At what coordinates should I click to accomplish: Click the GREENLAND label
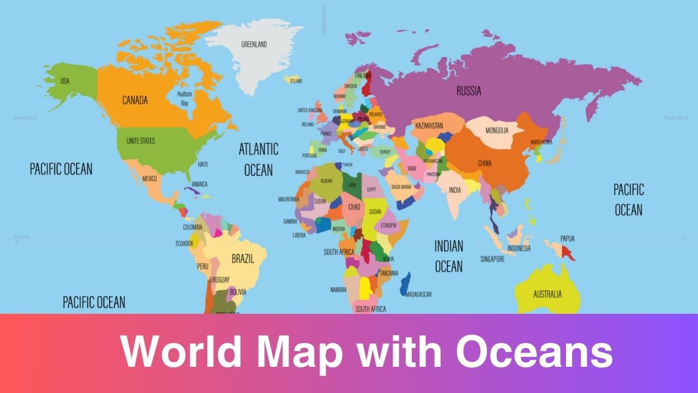(x=254, y=44)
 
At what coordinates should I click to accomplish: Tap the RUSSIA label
(x=468, y=91)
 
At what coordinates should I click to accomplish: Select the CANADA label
(x=135, y=100)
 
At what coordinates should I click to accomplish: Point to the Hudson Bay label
(x=184, y=98)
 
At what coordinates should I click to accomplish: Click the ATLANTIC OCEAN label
(x=258, y=159)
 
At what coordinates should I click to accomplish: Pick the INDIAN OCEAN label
(x=448, y=256)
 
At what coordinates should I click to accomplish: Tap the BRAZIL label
(x=243, y=259)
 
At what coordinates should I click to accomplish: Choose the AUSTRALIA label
(x=547, y=294)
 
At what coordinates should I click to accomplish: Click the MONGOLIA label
(x=497, y=130)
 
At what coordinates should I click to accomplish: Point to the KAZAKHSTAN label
(x=429, y=126)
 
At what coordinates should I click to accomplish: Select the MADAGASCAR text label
(x=419, y=294)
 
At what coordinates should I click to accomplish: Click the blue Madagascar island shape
(x=405, y=284)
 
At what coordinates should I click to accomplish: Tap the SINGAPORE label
(x=492, y=259)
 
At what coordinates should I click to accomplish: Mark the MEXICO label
(x=149, y=179)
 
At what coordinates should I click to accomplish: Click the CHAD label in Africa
(x=354, y=207)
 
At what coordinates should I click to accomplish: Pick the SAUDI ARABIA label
(x=401, y=187)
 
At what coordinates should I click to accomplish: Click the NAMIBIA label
(x=338, y=289)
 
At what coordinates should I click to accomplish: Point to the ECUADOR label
(x=184, y=243)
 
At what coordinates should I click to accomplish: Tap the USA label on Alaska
(x=65, y=81)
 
